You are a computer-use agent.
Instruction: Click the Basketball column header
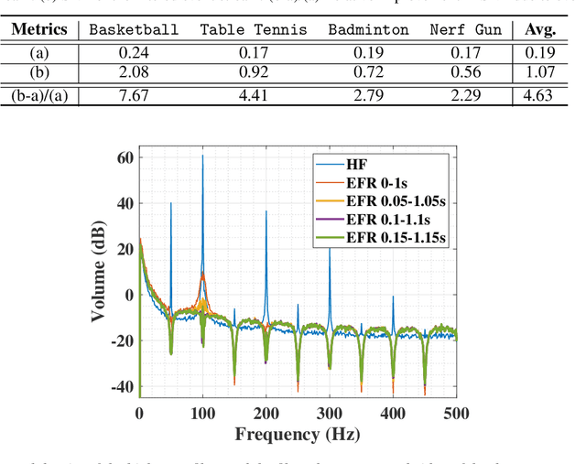point(134,29)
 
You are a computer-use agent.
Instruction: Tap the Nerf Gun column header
point(466,29)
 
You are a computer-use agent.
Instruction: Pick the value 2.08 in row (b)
point(134,72)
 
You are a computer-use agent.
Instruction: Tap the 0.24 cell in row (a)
point(134,51)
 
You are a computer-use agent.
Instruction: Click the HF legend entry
point(356,165)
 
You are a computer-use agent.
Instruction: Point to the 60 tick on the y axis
point(125,157)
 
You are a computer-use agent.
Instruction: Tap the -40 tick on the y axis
point(120,387)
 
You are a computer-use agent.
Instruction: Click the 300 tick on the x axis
point(330,414)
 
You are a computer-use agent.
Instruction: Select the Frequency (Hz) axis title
point(298,436)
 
